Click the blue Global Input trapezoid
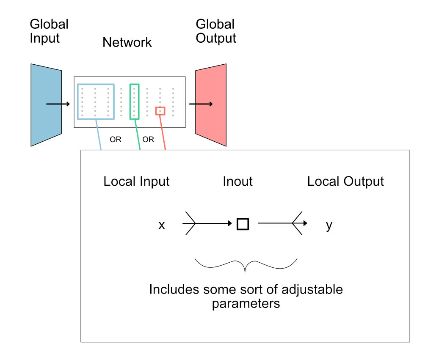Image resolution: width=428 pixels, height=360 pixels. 42,123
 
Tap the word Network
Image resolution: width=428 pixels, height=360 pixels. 127,42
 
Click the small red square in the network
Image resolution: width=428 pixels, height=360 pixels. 160,111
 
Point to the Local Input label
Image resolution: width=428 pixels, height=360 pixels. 136,181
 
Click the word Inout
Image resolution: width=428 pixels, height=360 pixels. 237,181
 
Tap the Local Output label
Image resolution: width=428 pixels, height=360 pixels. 345,181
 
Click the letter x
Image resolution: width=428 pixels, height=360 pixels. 161,225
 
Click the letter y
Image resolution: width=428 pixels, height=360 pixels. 329,225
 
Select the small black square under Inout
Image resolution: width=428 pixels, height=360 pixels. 243,224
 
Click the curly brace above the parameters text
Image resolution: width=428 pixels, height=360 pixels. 246,265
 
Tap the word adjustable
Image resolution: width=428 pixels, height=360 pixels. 310,290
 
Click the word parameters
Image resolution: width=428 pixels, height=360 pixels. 246,303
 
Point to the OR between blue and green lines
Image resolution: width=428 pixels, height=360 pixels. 116,140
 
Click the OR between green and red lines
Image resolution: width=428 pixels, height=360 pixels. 148,140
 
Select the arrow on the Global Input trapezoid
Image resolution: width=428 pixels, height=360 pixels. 58,104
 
